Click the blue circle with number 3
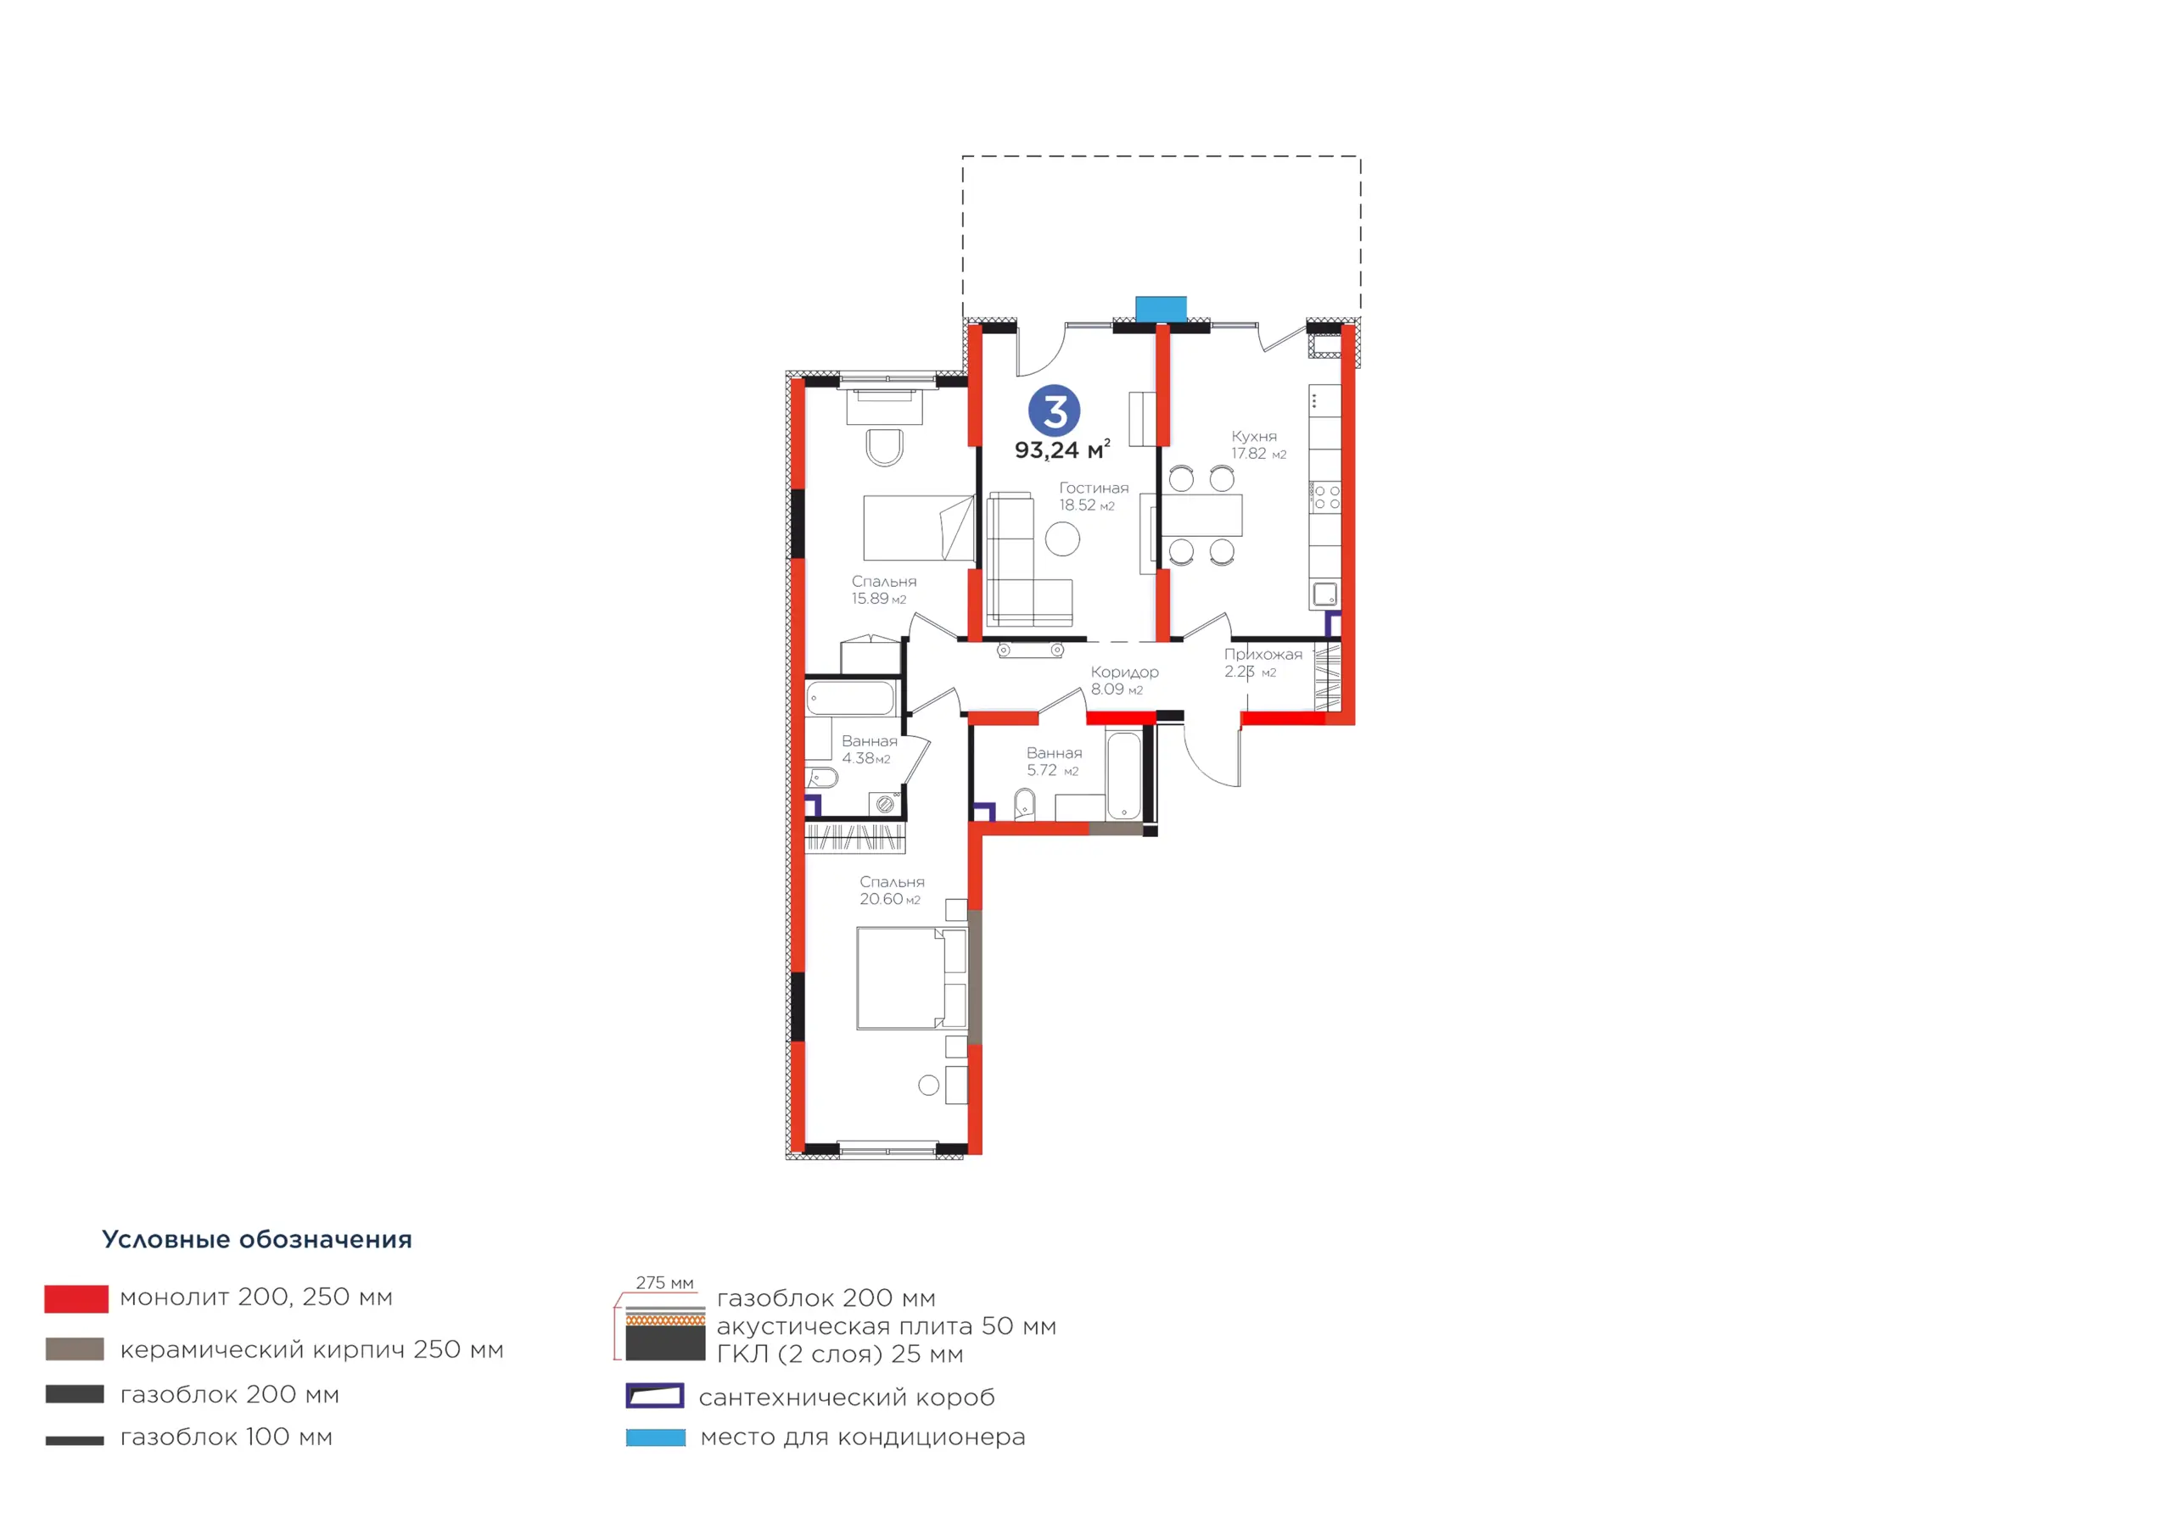pyautogui.click(x=1054, y=411)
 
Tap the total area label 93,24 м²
pyautogui.click(x=1062, y=449)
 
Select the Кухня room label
pyautogui.click(x=1254, y=436)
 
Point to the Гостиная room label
pyautogui.click(x=1094, y=488)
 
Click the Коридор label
pyautogui.click(x=1125, y=672)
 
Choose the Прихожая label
pyautogui.click(x=1263, y=655)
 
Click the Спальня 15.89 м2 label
pyautogui.click(x=883, y=589)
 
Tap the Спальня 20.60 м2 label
pyautogui.click(x=891, y=890)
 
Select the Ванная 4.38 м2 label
pyautogui.click(x=870, y=749)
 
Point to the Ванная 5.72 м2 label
pyautogui.click(x=1054, y=762)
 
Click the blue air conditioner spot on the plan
pyautogui.click(x=1161, y=310)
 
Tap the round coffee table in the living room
pyautogui.click(x=1062, y=539)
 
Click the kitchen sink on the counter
pyautogui.click(x=1325, y=594)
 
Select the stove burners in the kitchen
pyautogui.click(x=1326, y=498)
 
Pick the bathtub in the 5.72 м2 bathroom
pyautogui.click(x=1124, y=775)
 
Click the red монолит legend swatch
pyautogui.click(x=76, y=1298)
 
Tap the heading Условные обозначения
pyautogui.click(x=257, y=1239)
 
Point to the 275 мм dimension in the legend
pyautogui.click(x=664, y=1282)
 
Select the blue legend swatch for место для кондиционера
pyautogui.click(x=656, y=1437)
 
